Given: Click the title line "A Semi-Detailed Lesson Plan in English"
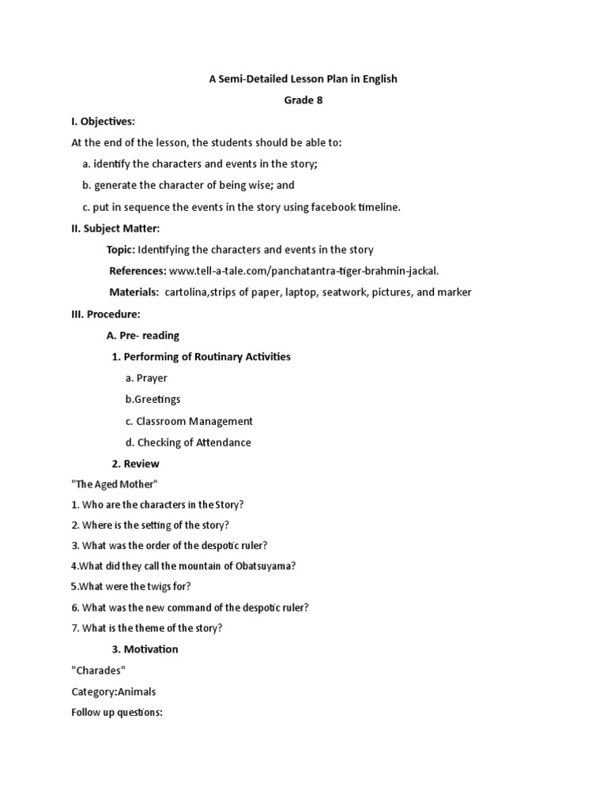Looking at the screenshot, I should [303, 78].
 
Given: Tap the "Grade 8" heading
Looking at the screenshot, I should [303, 100].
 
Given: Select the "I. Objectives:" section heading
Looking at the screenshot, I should [104, 121].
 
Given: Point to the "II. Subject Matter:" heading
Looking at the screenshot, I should [115, 228].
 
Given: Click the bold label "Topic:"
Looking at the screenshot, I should [121, 250].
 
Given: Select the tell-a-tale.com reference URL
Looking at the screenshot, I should [303, 271].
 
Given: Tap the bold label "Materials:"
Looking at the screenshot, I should [134, 292].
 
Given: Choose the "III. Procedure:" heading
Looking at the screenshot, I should [106, 314].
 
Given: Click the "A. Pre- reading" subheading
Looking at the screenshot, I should [143, 335].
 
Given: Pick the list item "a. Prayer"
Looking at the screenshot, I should [146, 378].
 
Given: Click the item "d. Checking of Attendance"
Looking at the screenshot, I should [188, 442].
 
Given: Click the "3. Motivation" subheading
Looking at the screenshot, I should [145, 649].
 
